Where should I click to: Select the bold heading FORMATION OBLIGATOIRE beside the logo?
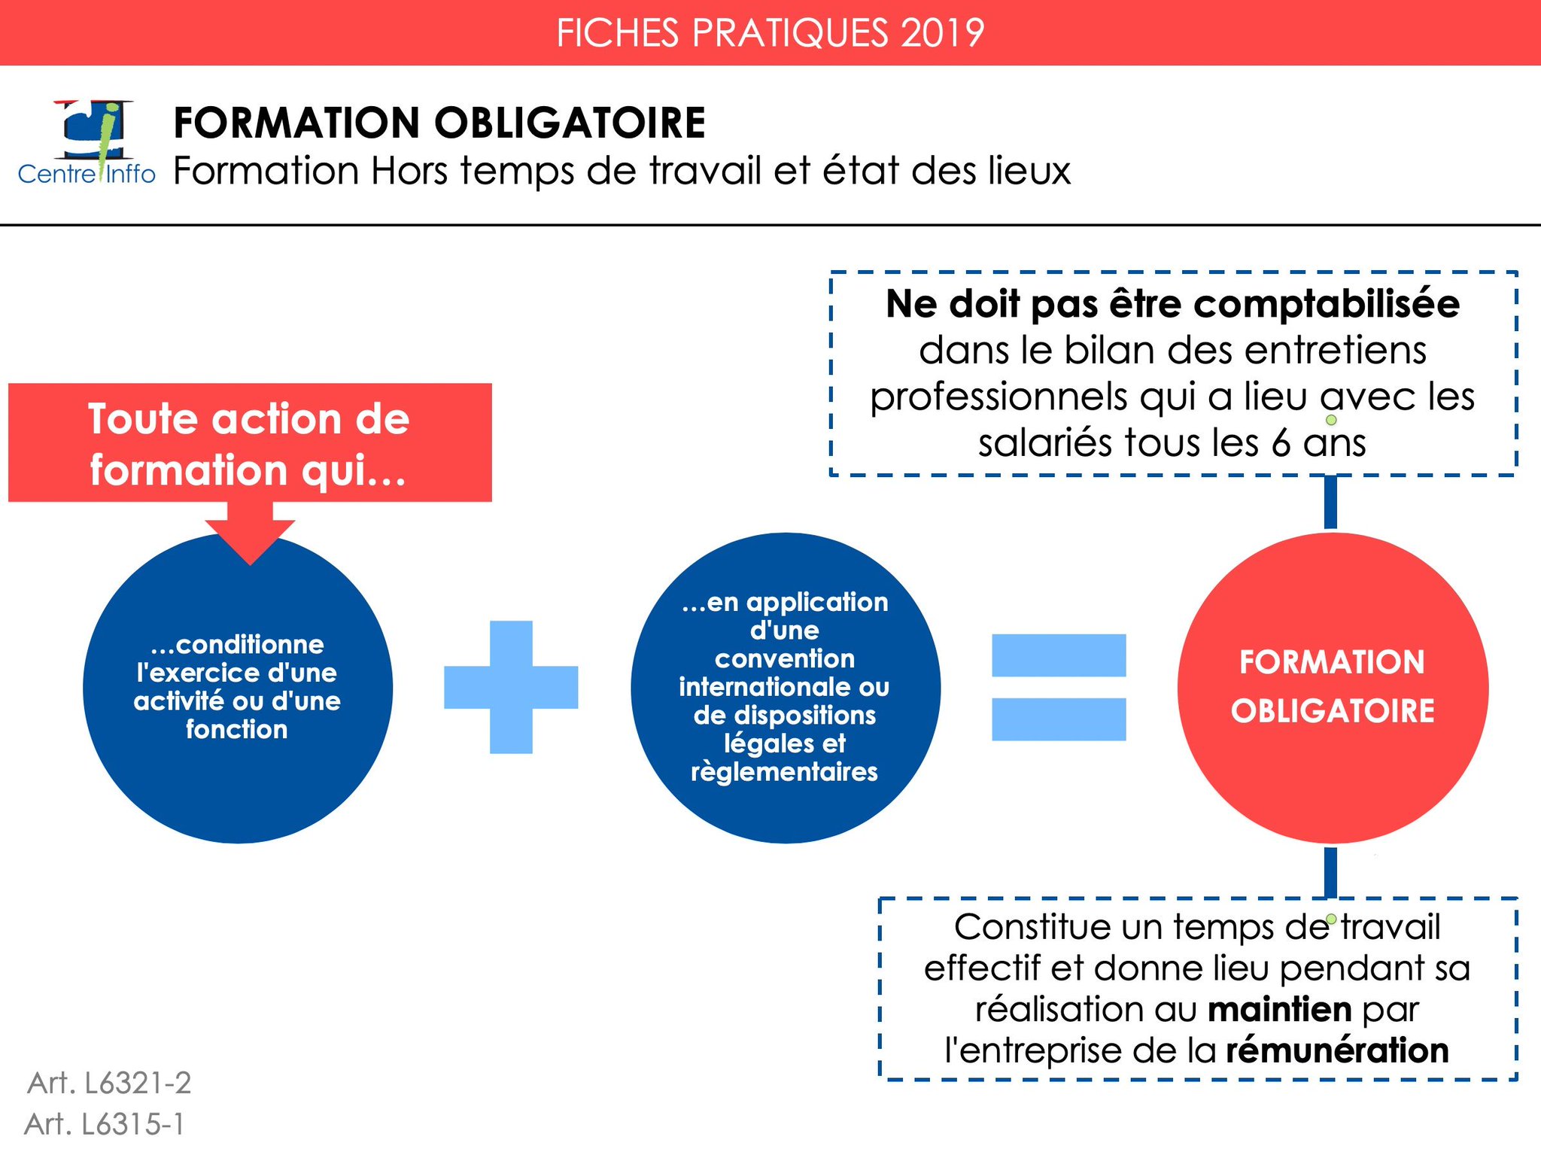[x=439, y=123]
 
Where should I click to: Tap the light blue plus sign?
[x=511, y=687]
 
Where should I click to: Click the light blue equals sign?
[x=1059, y=687]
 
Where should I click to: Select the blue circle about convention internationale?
[x=786, y=687]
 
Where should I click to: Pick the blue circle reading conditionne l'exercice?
[x=238, y=687]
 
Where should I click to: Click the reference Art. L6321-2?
[x=110, y=1083]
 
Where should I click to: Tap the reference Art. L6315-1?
[x=105, y=1124]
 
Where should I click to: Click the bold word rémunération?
[x=1337, y=1050]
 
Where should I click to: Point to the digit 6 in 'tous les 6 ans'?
[x=1281, y=442]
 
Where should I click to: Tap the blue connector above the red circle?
[x=1330, y=502]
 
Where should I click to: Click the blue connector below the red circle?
[x=1330, y=871]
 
